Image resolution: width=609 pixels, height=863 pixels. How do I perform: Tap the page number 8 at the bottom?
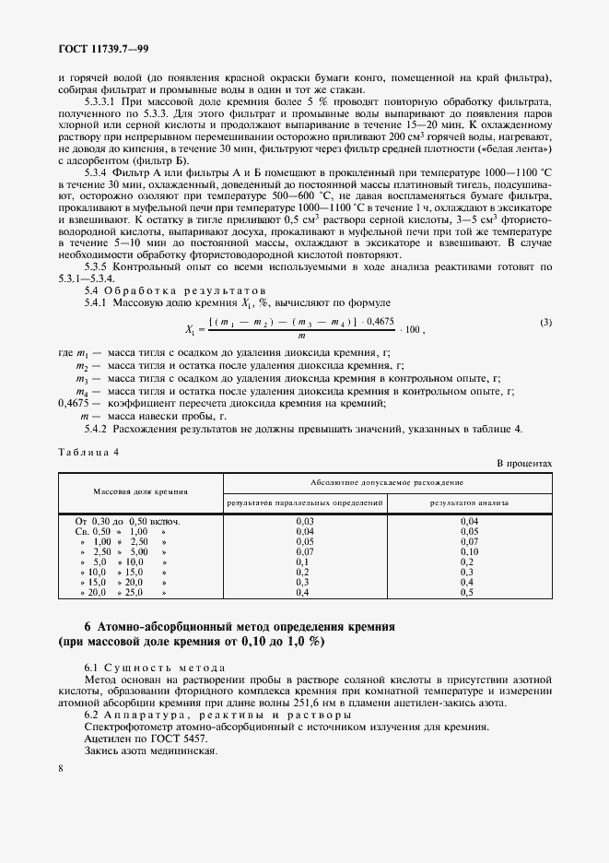pos(60,768)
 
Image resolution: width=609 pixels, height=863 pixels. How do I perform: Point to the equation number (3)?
pos(545,322)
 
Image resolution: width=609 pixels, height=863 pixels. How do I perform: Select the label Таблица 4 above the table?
pos(88,451)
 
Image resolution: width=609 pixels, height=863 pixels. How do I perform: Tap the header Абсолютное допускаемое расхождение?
pos(388,481)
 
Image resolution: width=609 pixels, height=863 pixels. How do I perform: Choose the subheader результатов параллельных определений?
pos(305,503)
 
